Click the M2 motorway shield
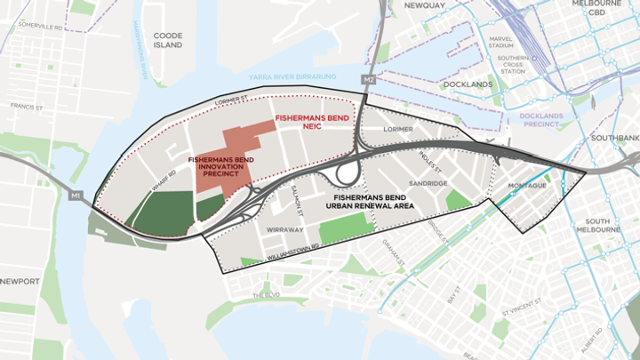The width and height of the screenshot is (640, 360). [x=369, y=81]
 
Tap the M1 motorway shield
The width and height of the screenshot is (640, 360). [x=75, y=195]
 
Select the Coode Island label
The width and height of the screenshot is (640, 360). [x=167, y=40]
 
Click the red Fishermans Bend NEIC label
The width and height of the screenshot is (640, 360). [x=309, y=121]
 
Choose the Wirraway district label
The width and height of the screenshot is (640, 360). [x=285, y=229]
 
